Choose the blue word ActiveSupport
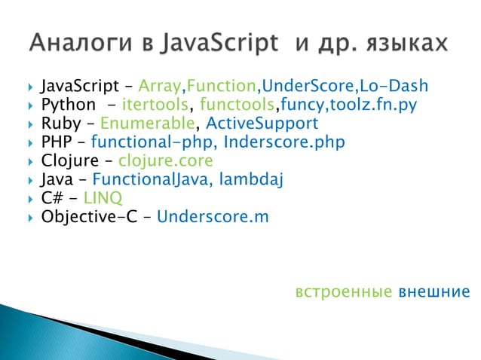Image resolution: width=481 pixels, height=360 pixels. click(x=262, y=122)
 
